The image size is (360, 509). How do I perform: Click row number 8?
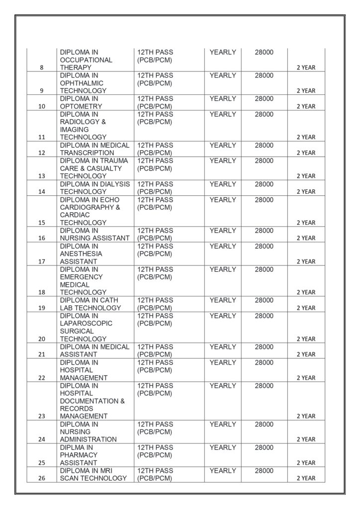[42, 68]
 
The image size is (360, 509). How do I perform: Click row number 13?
[42, 176]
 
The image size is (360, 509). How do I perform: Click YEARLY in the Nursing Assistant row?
[223, 231]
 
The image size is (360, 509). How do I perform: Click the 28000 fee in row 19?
[264, 300]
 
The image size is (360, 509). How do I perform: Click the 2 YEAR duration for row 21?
[306, 354]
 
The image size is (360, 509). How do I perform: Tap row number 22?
[42, 378]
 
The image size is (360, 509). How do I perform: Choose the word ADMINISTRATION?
[89, 439]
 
